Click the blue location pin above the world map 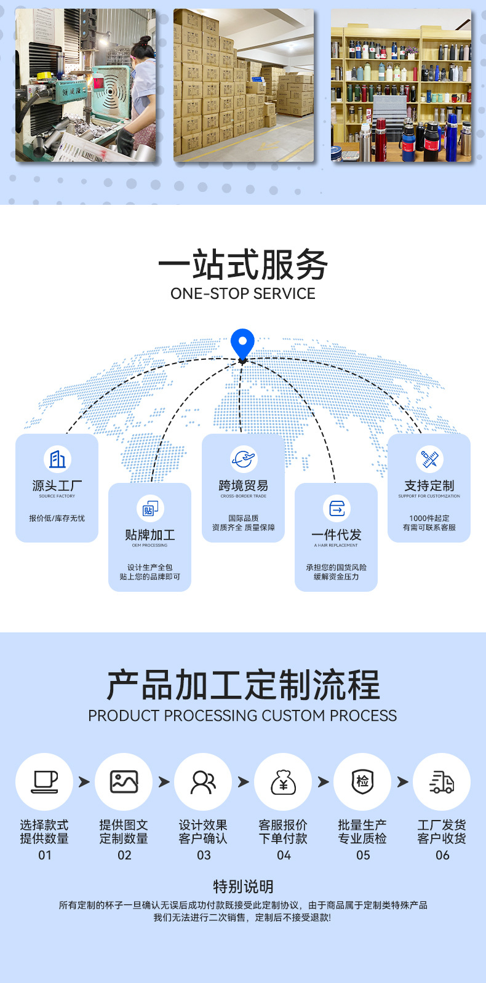tap(242, 343)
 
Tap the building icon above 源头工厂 tap(57, 459)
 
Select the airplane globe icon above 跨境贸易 tap(243, 459)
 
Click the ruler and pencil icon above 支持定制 tap(429, 459)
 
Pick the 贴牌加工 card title tap(150, 535)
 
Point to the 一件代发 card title tap(336, 535)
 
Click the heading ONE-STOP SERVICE tap(243, 294)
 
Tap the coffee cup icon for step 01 tap(45, 781)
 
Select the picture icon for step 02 tap(124, 781)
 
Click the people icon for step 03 tap(204, 781)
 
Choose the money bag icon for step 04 tap(283, 782)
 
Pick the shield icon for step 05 tap(362, 781)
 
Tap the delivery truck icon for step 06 tap(442, 782)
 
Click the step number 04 tap(284, 855)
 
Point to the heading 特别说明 tap(243, 886)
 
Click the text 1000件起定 tap(429, 518)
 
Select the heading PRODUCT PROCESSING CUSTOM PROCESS tap(242, 715)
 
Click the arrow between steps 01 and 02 tap(84, 782)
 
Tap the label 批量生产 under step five tap(362, 825)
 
